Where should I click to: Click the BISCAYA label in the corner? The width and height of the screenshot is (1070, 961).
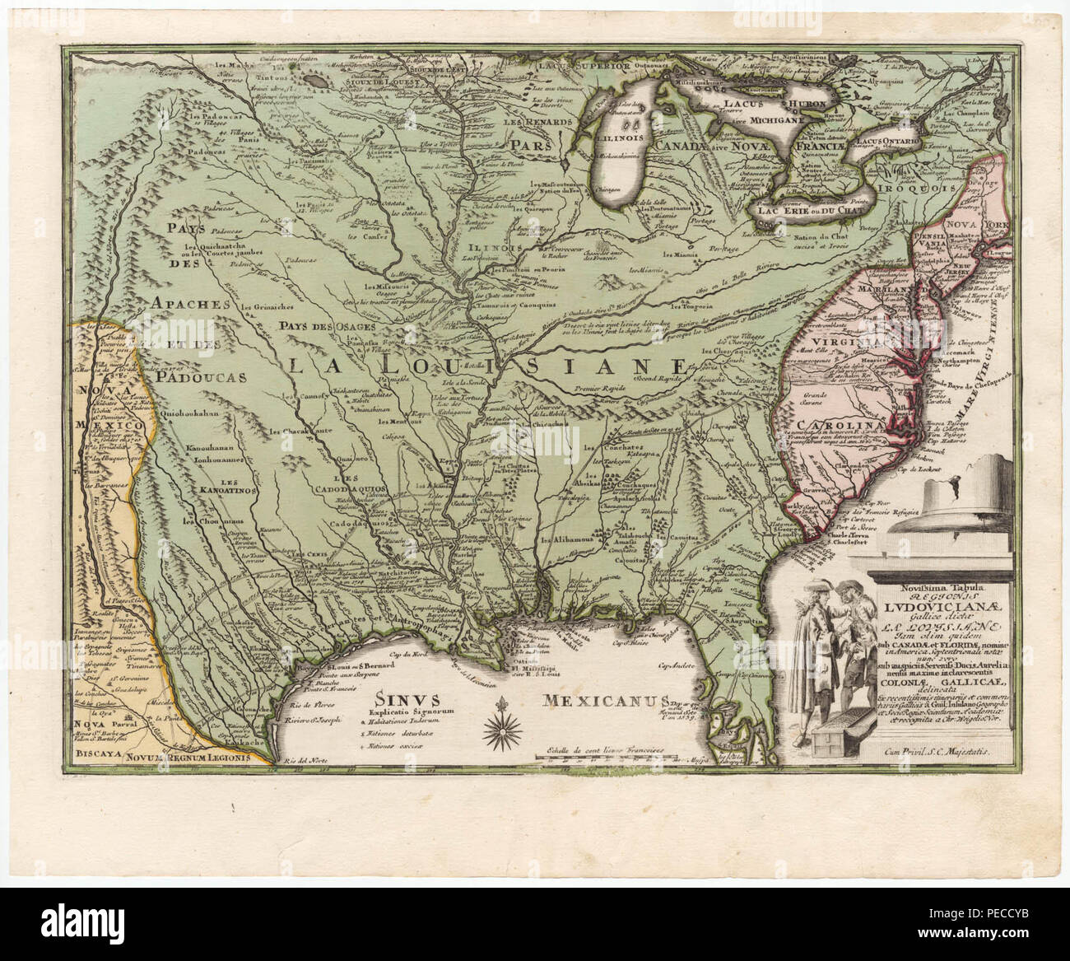click(95, 753)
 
